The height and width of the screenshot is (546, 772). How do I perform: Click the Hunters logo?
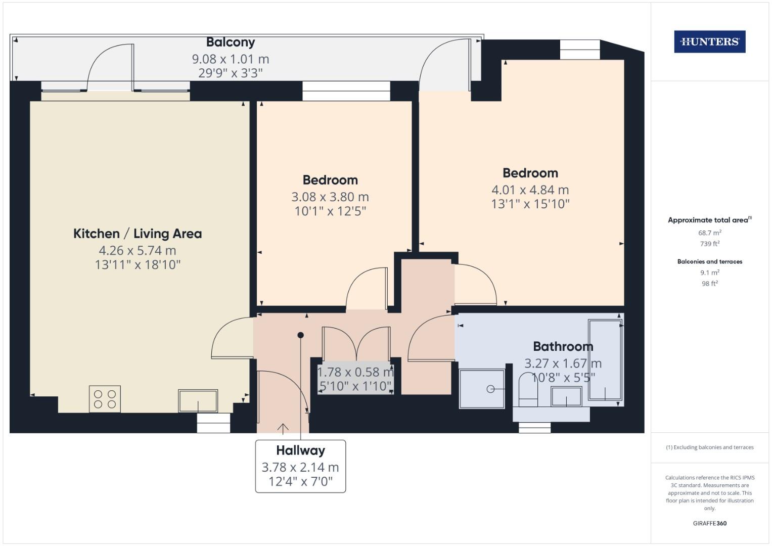709,41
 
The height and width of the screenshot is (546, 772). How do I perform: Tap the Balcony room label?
231,42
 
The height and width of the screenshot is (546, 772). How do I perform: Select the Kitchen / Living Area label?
138,234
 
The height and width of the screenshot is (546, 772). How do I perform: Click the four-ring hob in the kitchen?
105,399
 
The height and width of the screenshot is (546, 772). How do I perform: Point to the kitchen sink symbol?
198,401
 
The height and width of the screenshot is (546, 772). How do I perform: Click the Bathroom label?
563,346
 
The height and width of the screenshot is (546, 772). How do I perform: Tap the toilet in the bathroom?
528,389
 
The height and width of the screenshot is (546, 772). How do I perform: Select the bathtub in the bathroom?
605,360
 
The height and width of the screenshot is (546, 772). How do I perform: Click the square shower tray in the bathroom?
482,388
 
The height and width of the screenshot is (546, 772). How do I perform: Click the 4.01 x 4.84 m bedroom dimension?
530,190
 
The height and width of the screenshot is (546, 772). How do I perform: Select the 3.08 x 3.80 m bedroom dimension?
330,197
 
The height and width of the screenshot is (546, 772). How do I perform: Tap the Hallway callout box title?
300,450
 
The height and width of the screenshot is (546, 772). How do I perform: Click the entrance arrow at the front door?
283,428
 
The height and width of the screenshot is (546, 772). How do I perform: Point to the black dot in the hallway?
300,335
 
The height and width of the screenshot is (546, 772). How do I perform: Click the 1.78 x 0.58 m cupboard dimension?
355,372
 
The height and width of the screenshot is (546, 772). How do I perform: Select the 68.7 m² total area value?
709,233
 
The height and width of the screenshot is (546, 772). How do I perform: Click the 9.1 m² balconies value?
709,272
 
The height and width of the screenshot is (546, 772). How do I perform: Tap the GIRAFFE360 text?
709,523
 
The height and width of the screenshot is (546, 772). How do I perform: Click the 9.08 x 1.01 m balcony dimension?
231,59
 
